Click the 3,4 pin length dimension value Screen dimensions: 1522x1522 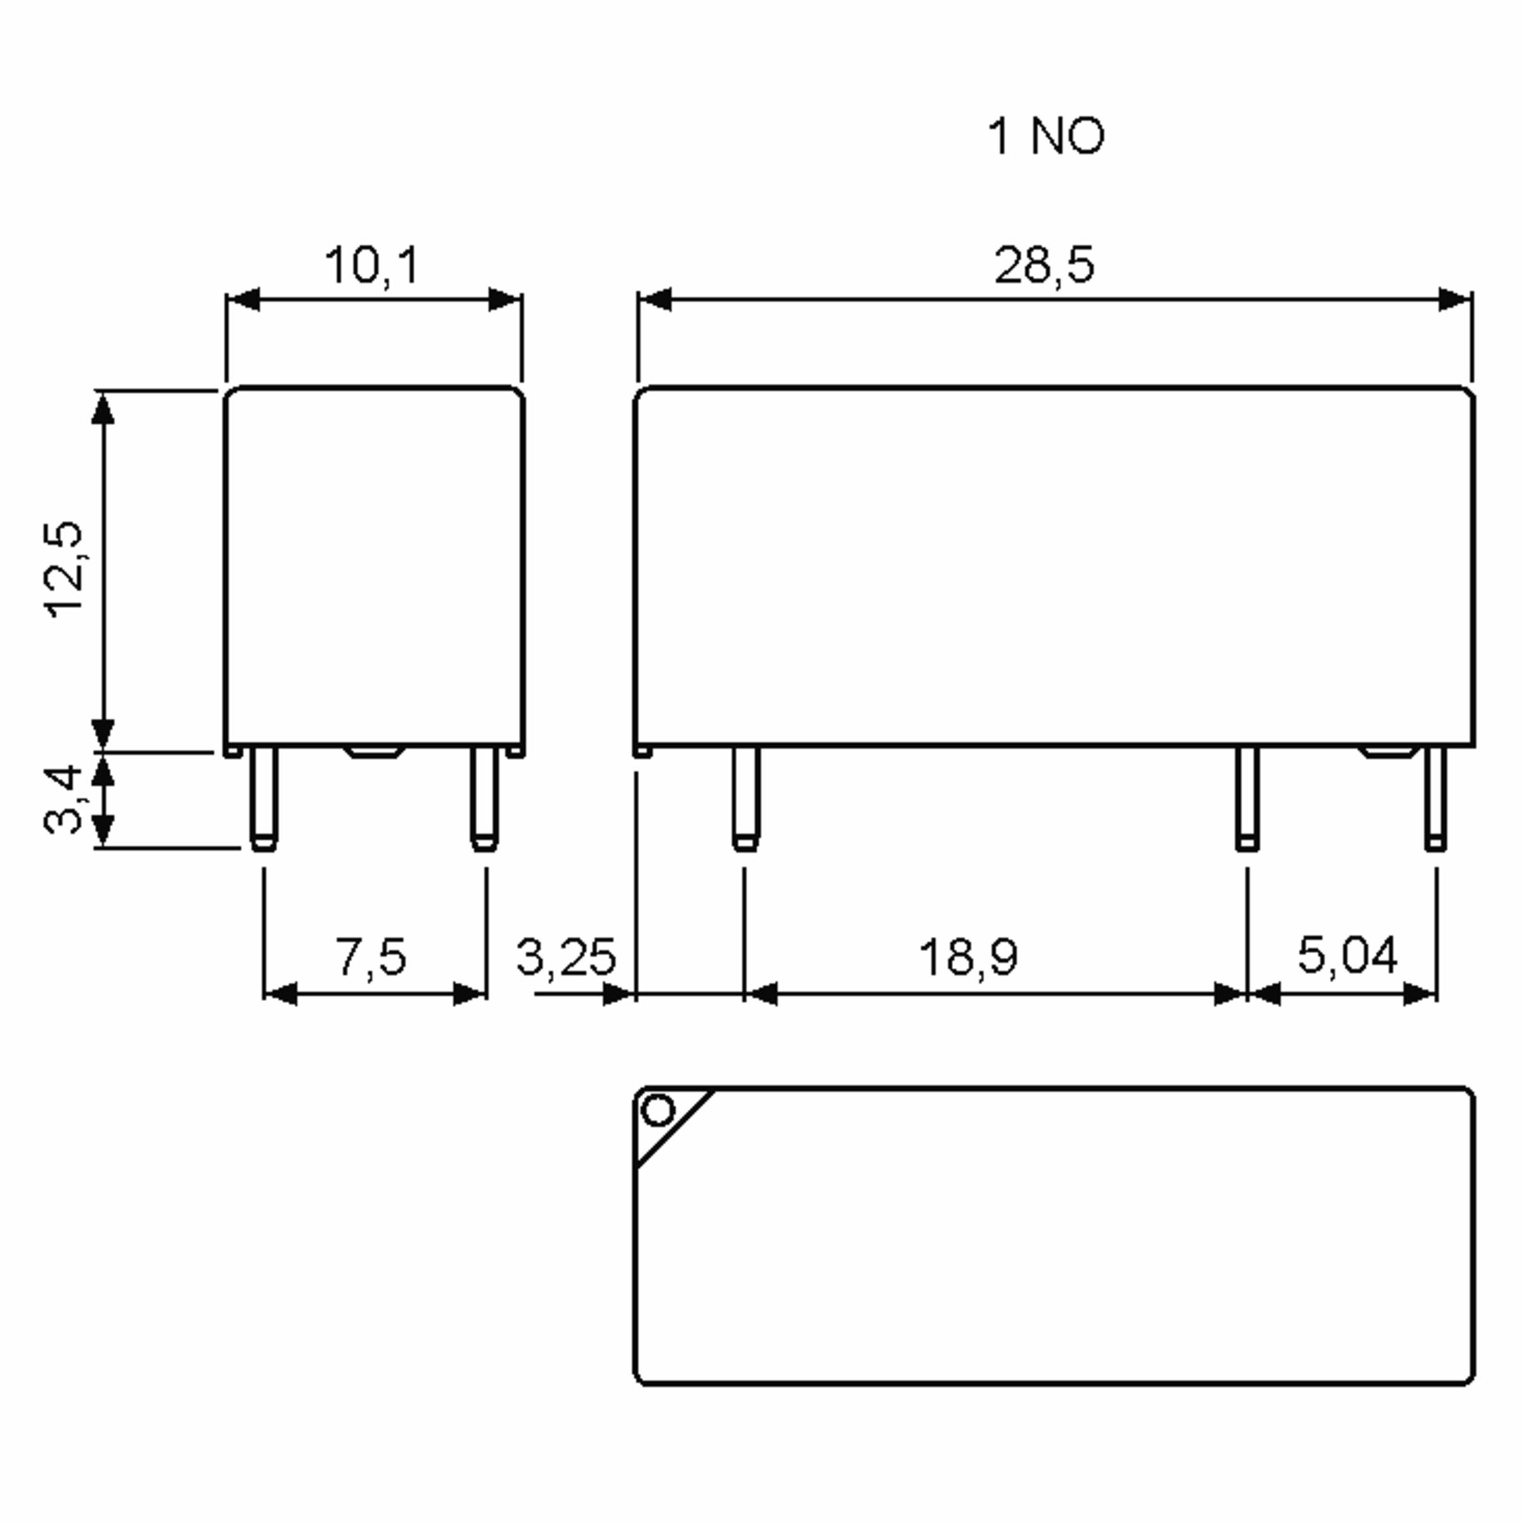tap(63, 799)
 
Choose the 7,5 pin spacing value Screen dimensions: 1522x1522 tap(371, 956)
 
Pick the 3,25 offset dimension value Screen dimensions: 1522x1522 tap(566, 957)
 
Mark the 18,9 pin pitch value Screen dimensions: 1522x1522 tap(968, 956)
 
